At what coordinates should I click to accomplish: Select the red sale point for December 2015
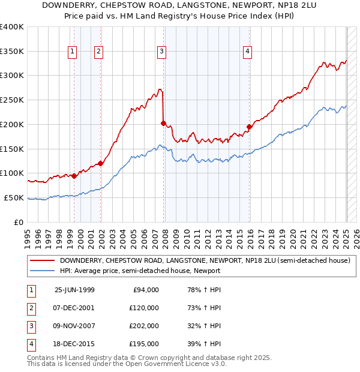250,127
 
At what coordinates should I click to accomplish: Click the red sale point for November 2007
163,123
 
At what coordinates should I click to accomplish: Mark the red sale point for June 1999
74,176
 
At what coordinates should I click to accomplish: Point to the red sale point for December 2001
101,163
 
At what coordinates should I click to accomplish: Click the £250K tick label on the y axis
12,100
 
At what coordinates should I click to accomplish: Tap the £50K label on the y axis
14,197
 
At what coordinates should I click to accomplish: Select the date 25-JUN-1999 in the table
74,290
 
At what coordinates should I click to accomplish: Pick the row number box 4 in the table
29,344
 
